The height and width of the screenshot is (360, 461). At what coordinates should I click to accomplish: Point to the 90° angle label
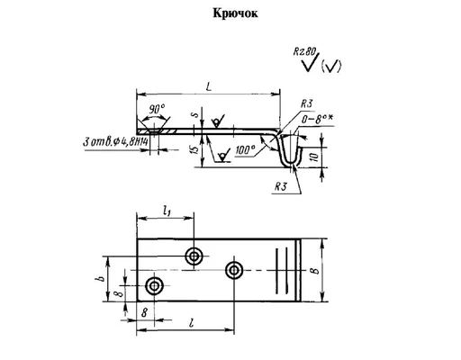(x=158, y=109)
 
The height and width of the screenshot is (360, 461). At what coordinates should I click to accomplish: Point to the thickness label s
(x=195, y=116)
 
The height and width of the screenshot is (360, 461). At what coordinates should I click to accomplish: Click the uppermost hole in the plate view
(x=194, y=256)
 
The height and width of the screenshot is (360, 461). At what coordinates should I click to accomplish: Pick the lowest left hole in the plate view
(x=155, y=286)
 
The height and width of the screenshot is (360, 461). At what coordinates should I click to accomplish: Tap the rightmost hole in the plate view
(x=235, y=270)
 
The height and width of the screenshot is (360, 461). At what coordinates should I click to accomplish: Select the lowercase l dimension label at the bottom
(x=194, y=321)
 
